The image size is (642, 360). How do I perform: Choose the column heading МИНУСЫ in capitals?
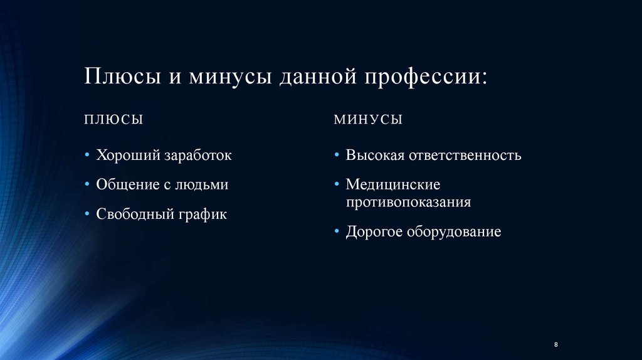368,119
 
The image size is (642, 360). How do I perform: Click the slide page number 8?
556,346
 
